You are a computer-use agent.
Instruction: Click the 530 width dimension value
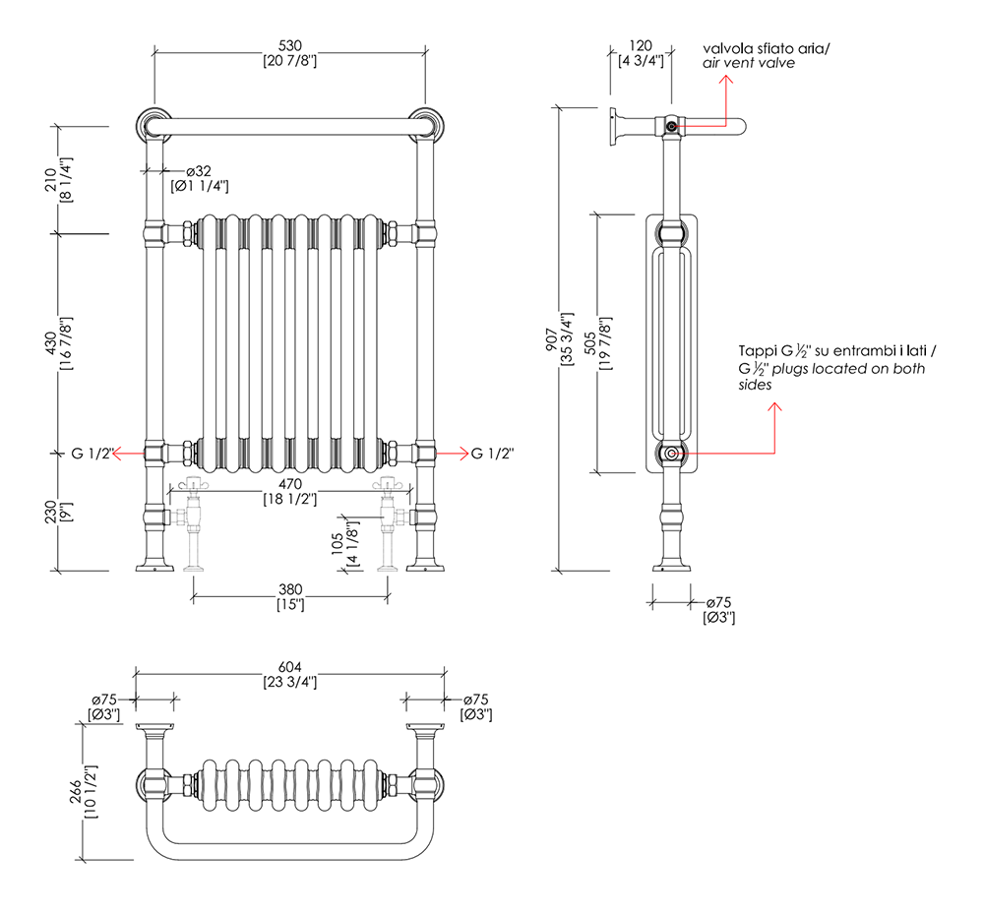289,45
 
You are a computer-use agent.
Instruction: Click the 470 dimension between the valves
289,484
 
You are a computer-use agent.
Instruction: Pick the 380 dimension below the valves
289,589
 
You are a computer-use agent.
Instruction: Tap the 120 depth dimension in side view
641,45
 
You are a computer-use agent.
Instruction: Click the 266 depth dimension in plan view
87,792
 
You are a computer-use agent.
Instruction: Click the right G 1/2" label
493,454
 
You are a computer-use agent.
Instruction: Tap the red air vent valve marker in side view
670,126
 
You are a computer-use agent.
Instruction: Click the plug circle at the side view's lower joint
670,454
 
